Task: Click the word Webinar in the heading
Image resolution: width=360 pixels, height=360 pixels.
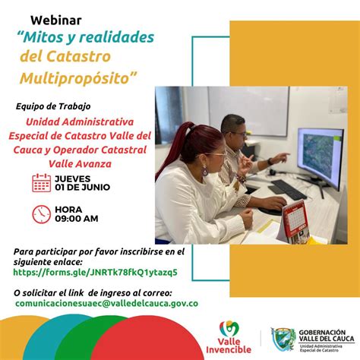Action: click(56, 21)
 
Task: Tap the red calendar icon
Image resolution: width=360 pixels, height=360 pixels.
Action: click(42, 182)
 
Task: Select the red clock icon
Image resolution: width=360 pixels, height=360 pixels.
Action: click(42, 214)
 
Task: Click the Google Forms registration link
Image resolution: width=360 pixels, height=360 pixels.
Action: click(95, 273)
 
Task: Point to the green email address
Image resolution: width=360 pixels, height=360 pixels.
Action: click(106, 303)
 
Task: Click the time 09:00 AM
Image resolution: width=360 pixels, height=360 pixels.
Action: click(77, 219)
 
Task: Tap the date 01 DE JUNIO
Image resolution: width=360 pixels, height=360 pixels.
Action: click(83, 188)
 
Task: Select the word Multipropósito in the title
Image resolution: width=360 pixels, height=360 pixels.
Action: click(78, 78)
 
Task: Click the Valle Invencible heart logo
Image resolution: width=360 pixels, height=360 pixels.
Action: click(229, 329)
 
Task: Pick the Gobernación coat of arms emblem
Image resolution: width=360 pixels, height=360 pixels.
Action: click(283, 339)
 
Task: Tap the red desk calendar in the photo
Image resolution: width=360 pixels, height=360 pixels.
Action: click(295, 221)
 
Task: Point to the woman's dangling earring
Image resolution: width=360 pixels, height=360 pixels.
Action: click(204, 170)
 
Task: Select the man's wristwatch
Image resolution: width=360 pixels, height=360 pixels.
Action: click(270, 162)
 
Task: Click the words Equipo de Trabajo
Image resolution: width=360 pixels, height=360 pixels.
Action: click(53, 106)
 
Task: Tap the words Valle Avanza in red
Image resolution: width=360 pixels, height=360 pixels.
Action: click(80, 164)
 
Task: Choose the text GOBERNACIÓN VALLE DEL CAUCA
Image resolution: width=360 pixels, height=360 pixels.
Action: click(327, 336)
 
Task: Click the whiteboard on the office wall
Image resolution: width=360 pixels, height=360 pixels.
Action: click(248, 111)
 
